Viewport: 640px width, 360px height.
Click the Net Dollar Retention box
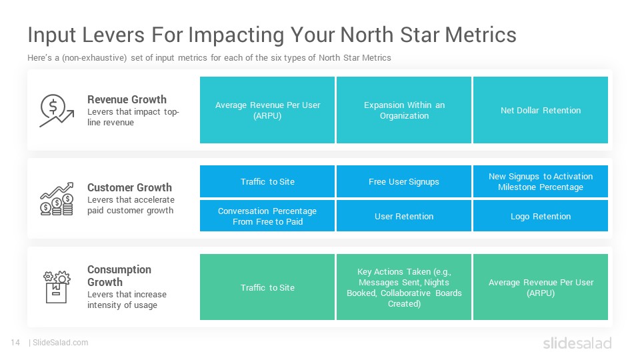pyautogui.click(x=541, y=110)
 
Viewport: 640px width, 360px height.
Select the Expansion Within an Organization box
pyautogui.click(x=404, y=110)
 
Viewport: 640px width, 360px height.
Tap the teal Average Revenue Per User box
pyautogui.click(x=267, y=110)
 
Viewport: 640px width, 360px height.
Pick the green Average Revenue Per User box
pyautogui.click(x=541, y=287)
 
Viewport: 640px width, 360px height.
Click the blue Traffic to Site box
pyautogui.click(x=267, y=181)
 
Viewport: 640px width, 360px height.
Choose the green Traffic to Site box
pyautogui.click(x=267, y=287)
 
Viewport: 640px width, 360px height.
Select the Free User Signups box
pyautogui.click(x=404, y=181)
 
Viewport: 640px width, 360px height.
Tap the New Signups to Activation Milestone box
pyautogui.click(x=541, y=181)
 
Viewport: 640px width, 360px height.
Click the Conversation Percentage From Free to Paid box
pyautogui.click(x=267, y=215)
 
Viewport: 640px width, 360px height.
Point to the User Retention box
pyautogui.click(x=404, y=215)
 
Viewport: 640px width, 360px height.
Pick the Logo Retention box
pyautogui.click(x=541, y=215)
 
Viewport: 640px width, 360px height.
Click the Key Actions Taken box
pyautogui.click(x=404, y=287)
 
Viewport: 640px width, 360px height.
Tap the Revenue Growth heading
pyautogui.click(x=127, y=99)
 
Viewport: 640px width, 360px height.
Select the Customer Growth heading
pyautogui.click(x=129, y=187)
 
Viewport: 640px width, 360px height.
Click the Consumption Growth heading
pyautogui.click(x=119, y=275)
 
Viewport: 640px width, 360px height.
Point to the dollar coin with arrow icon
pyautogui.click(x=57, y=111)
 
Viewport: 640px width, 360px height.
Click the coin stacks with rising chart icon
pyautogui.click(x=57, y=199)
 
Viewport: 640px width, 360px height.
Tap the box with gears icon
pyautogui.click(x=57, y=287)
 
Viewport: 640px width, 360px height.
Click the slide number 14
pyautogui.click(x=15, y=343)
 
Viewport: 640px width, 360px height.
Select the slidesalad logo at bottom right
pyautogui.click(x=577, y=343)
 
